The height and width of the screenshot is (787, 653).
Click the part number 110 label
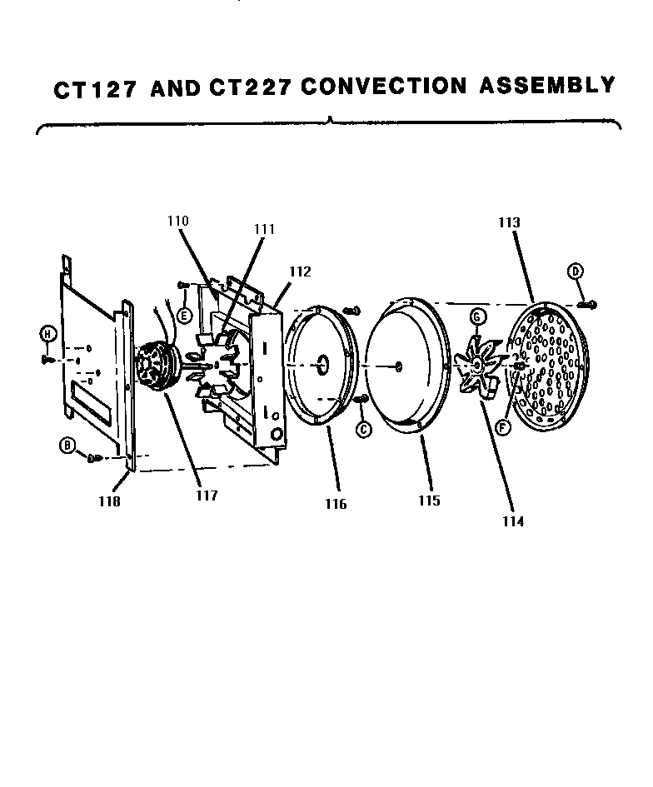pos(177,221)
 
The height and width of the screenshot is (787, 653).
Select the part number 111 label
pos(265,229)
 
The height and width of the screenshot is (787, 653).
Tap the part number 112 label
pos(300,271)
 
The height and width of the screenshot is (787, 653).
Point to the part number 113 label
pos(510,222)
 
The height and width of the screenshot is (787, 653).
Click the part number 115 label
pos(431,501)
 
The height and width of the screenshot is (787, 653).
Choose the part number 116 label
pos(336,504)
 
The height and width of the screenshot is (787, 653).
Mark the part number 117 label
pos(207,496)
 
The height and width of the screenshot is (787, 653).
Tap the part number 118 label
pos(109,501)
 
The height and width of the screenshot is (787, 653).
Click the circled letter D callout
pos(575,271)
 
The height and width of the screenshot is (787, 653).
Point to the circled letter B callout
pos(67,446)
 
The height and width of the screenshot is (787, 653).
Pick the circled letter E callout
pos(184,315)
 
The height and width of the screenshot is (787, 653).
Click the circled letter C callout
pos(363,430)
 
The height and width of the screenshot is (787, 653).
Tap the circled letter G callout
pos(477,316)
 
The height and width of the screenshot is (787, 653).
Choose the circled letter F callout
pos(502,428)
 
